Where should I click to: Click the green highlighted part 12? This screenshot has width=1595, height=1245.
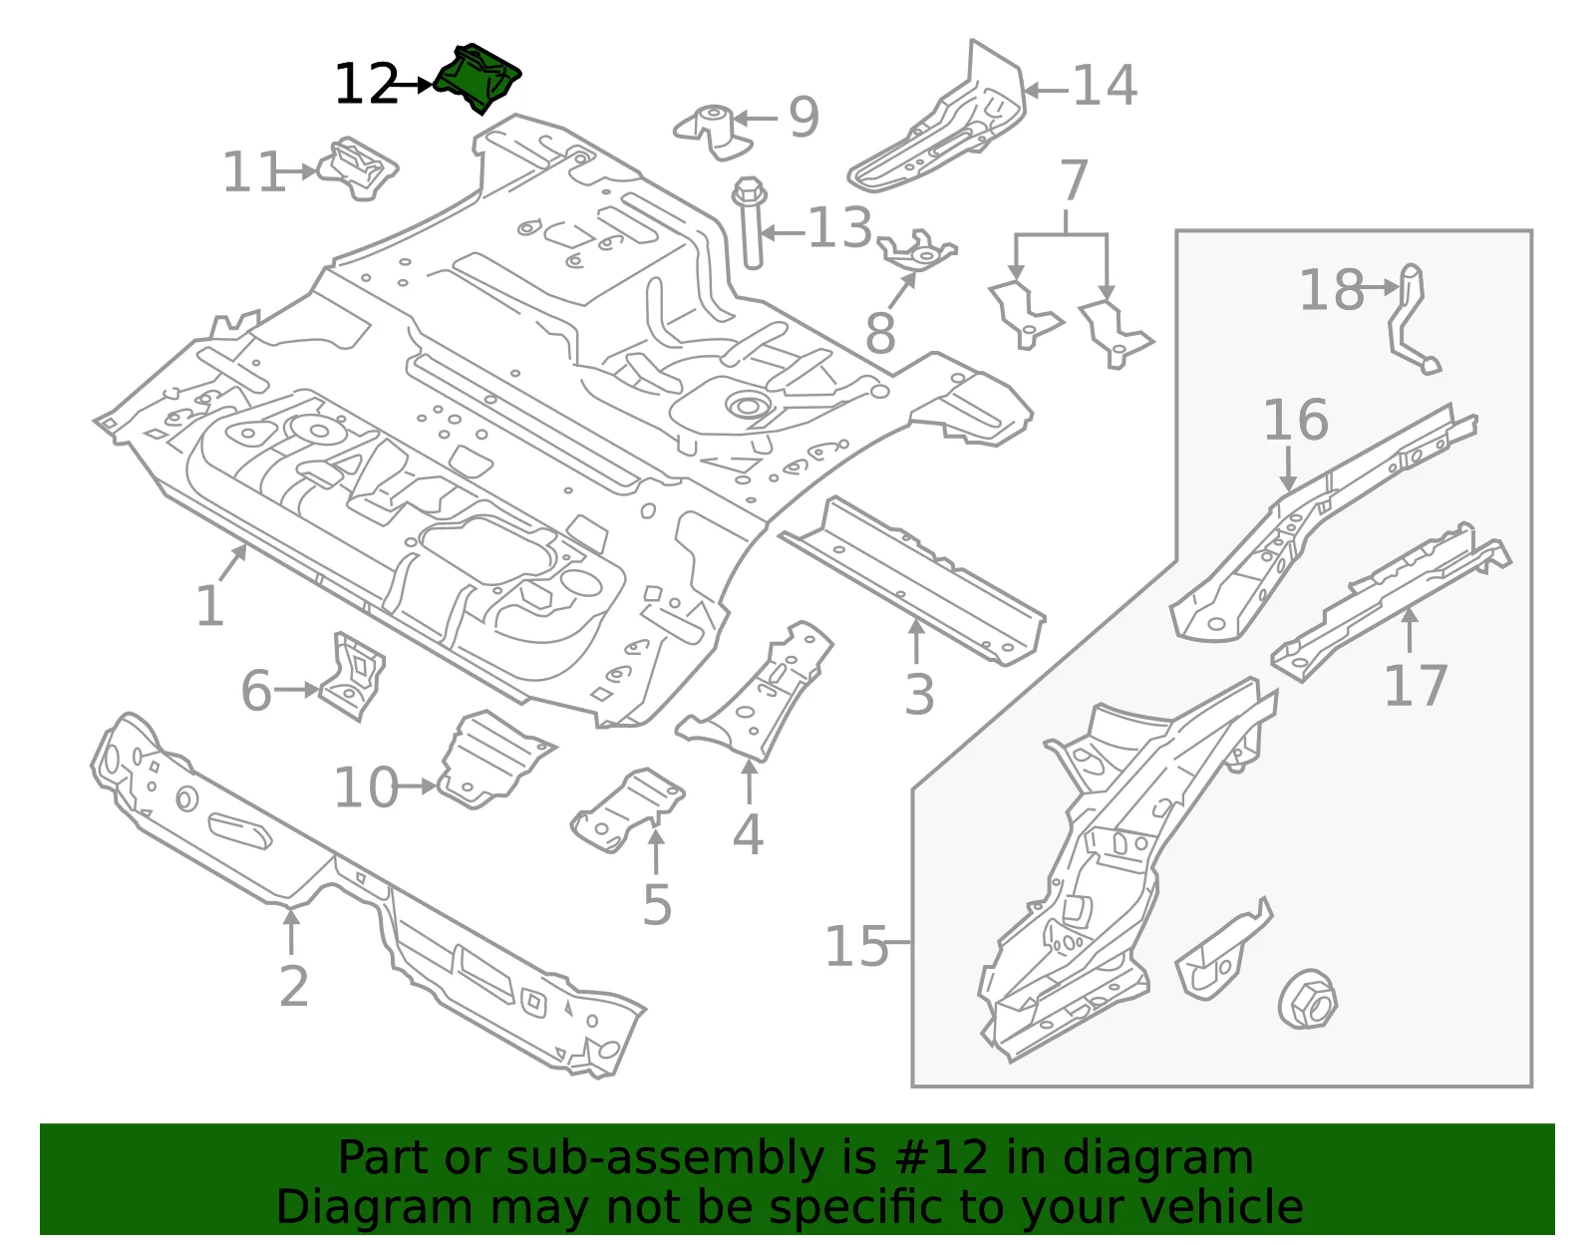478,79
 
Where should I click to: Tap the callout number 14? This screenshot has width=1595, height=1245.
1105,87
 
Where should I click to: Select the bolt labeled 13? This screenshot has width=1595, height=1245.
750,221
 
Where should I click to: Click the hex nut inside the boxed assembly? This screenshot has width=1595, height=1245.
1307,999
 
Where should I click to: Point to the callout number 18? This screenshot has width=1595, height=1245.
1332,290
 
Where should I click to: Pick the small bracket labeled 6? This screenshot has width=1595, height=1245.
352,677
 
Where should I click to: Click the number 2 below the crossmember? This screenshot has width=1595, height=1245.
294,986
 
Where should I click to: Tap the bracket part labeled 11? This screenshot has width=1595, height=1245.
357,168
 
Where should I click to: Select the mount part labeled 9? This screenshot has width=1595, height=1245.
713,132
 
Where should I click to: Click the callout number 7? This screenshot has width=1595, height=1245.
1074,180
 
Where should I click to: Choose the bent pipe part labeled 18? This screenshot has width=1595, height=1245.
1410,320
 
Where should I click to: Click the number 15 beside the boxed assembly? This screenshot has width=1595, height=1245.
856,946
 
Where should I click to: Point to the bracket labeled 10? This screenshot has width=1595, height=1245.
492,760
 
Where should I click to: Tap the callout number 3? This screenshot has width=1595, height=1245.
920,694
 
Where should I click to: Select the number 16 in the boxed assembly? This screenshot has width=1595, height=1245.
1296,420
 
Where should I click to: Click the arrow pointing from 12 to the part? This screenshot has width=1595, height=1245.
412,85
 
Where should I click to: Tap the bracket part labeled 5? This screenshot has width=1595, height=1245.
628,810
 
